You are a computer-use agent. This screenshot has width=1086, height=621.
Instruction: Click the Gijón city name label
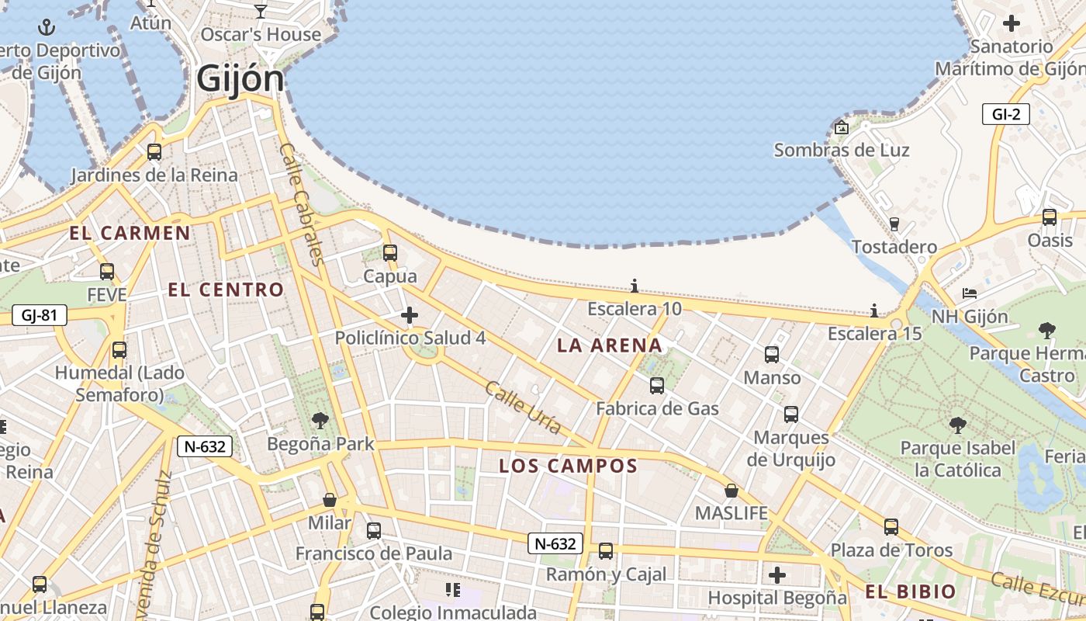pos(240,78)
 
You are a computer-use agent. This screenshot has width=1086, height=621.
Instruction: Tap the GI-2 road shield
pos(1005,114)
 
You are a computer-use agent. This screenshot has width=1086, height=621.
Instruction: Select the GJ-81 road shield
pos(40,315)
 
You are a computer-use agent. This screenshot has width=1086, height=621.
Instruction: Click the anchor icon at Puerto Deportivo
pos(47,29)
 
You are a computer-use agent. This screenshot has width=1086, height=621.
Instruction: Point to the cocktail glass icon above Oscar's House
pos(261,11)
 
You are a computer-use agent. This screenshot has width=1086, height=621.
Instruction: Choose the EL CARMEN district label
pos(130,233)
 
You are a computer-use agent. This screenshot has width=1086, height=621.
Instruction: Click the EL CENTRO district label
pos(227,290)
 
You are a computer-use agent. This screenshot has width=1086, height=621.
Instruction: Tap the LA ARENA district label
pos(610,345)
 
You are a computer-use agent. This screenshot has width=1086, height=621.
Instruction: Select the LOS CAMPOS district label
pos(568,466)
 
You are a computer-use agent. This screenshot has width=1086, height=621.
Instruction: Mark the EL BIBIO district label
pos(911,592)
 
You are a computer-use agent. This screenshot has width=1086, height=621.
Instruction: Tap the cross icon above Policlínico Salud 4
pos(410,315)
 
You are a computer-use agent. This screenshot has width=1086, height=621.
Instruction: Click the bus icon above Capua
pos(390,253)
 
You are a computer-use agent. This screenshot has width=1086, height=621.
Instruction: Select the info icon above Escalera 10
pos(635,286)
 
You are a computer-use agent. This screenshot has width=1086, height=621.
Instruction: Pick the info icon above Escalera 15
pos(874,311)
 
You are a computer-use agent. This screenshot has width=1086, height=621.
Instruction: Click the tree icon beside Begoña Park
pos(320,421)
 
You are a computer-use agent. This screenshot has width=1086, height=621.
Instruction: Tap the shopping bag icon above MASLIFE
pos(731,491)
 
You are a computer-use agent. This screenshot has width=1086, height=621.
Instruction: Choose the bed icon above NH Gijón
pos(970,293)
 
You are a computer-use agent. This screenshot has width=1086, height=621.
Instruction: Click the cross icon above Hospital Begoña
pos(777,575)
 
